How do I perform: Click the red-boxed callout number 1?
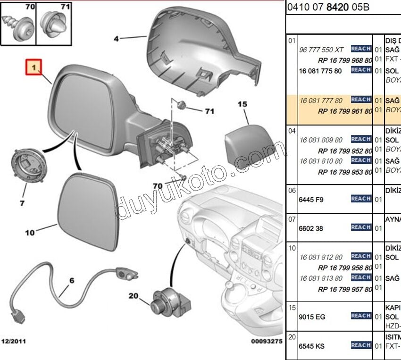33,68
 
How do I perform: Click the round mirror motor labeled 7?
27,168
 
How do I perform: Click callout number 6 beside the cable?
72,281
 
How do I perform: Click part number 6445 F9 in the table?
311,200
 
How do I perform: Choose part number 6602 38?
311,228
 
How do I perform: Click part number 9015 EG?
312,317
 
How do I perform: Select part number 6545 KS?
312,346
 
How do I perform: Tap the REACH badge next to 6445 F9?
361,199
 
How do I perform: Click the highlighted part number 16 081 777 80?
321,100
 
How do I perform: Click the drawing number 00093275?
266,341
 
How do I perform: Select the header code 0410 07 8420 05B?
328,7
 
